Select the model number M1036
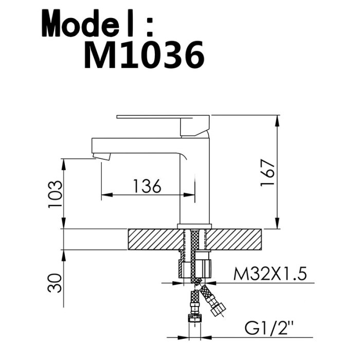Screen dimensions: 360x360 [x=144, y=55]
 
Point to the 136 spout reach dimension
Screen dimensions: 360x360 [x=147, y=186]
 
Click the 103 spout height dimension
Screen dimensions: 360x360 [x=55, y=194]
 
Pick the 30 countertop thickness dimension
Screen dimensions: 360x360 [x=55, y=283]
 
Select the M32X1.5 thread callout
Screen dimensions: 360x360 [x=270, y=274]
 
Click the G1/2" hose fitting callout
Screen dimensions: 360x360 [x=269, y=329]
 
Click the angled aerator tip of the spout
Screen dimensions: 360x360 [x=101, y=156]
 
